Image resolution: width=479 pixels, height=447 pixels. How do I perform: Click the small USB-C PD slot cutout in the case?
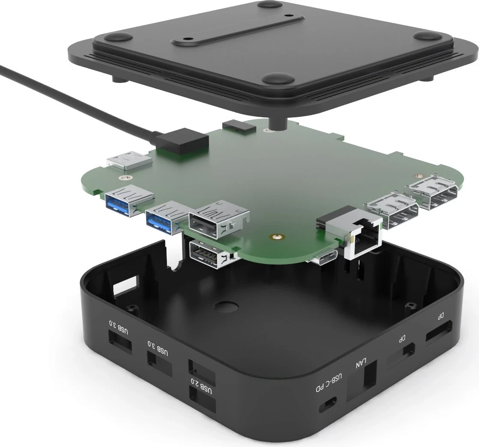point(329,404)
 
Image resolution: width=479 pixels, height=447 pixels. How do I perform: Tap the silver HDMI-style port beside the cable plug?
point(128,162)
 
